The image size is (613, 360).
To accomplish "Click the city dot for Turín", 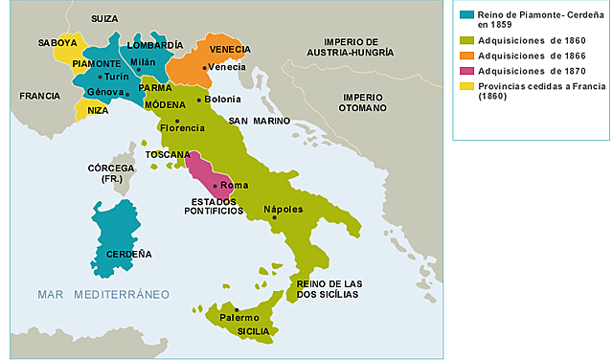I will point(101,76).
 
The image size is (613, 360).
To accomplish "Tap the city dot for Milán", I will point(139,70).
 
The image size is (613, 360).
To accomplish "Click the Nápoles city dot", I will point(274,217).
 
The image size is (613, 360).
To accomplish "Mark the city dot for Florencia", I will point(177,120).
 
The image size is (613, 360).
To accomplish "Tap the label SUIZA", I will point(104,18).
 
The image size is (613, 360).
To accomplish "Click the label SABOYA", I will point(57,43).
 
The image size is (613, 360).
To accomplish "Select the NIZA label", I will point(98,110).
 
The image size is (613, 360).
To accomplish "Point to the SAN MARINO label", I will point(260,121).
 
